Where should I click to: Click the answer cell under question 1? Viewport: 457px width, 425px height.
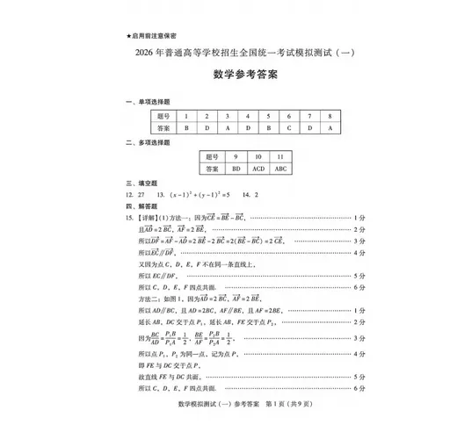(x=185, y=127)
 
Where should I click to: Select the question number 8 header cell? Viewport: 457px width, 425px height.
(x=330, y=115)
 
